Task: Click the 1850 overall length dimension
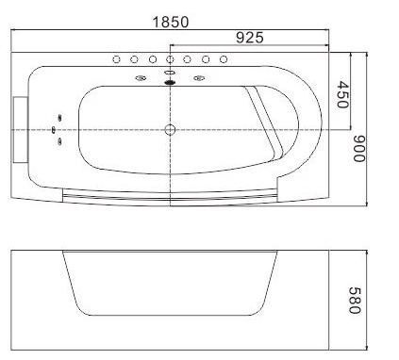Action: point(171,22)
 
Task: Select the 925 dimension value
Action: point(250,38)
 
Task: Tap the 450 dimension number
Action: point(342,94)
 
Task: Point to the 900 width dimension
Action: point(359,149)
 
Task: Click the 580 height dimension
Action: point(355,301)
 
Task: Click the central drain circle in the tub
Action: point(170,129)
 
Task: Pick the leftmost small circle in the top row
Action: point(116,59)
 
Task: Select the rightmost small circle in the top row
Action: point(224,59)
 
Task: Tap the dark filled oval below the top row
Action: point(170,82)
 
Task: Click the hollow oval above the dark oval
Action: point(170,73)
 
